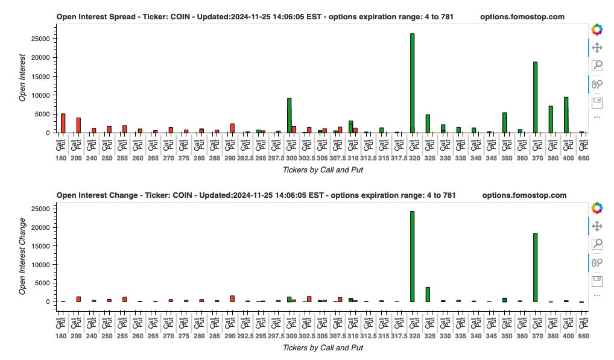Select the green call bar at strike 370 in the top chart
click(535, 97)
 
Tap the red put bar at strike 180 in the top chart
click(63, 123)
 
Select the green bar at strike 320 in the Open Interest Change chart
click(413, 256)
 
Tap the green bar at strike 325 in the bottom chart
click(428, 294)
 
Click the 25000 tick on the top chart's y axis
click(40, 39)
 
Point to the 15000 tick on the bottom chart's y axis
click(40, 245)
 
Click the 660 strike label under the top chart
click(583, 158)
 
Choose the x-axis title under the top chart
click(323, 170)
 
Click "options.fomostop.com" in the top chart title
click(522, 17)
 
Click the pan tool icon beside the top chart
click(597, 48)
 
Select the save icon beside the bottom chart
click(597, 280)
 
